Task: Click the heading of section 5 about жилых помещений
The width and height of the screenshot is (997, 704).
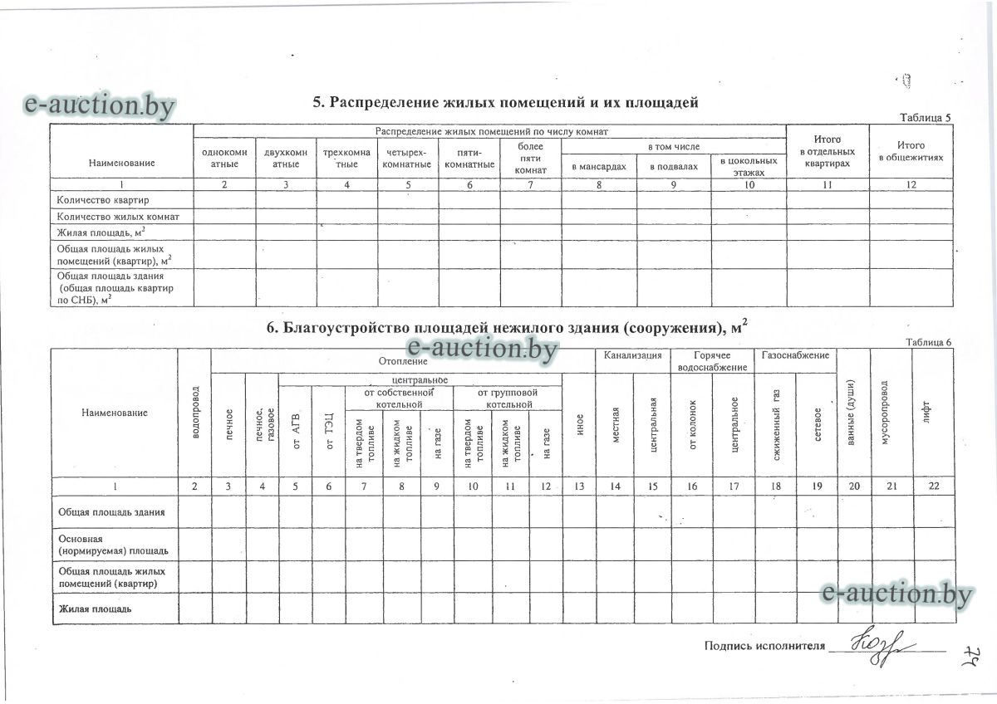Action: click(505, 102)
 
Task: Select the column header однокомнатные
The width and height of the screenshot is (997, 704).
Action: click(224, 159)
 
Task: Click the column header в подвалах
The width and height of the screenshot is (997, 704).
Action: click(674, 166)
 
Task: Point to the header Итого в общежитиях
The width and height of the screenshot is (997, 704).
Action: click(911, 151)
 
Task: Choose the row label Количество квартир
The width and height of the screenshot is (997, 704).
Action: click(98, 200)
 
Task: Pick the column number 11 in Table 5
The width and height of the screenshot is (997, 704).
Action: click(827, 184)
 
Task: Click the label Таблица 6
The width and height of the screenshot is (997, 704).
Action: click(928, 342)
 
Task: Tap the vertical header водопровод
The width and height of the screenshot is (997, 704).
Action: click(194, 413)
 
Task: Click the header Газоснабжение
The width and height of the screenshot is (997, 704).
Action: click(795, 355)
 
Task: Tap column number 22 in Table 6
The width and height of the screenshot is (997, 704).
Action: click(933, 486)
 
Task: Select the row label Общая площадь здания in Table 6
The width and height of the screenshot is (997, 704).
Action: click(111, 512)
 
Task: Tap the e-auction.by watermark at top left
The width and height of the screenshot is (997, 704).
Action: click(100, 105)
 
